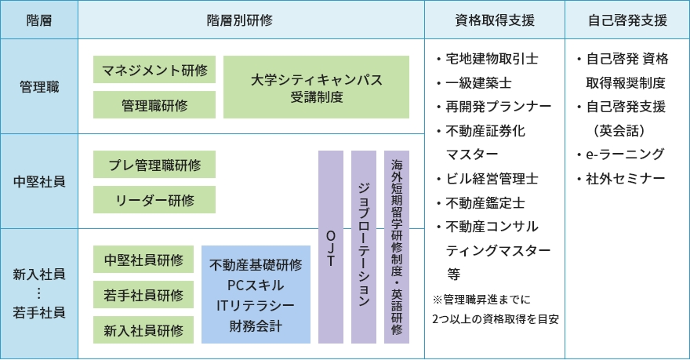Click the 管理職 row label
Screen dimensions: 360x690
coord(39,85)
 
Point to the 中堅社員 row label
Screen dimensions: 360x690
coord(39,181)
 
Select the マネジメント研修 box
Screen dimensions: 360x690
coord(154,70)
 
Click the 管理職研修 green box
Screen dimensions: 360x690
coord(154,104)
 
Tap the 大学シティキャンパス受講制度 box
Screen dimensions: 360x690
coord(316,86)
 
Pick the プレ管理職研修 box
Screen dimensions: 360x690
coord(154,165)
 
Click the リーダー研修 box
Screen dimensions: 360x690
coord(154,199)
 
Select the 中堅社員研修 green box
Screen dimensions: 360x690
coord(143,260)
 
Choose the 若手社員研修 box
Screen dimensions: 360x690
coord(143,295)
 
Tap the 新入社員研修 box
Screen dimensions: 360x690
coord(143,330)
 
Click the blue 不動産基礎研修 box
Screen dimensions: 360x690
coord(256,294)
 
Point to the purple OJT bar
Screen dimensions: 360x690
coord(331,246)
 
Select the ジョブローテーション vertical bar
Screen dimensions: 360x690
coord(364,246)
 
